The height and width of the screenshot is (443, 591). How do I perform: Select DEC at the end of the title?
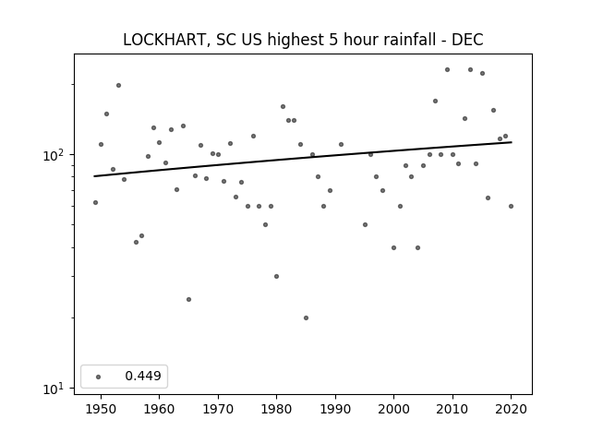(467, 40)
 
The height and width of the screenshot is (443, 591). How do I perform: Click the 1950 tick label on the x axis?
(101, 409)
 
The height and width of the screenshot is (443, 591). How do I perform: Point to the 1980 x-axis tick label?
(277, 409)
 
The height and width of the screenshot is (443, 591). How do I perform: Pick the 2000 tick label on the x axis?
(394, 409)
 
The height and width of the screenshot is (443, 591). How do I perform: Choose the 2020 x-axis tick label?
(511, 409)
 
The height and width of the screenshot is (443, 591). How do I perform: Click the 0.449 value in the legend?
(143, 376)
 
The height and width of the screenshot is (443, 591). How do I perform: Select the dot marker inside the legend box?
(99, 377)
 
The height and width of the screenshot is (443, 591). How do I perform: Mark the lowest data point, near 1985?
(306, 317)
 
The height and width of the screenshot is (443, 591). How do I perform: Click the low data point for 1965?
(188, 299)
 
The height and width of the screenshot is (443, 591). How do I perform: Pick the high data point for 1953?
(118, 86)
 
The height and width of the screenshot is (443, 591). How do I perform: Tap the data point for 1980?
(277, 277)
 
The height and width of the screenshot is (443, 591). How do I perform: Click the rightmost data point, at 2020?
(511, 206)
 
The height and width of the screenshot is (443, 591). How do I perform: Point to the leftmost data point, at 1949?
(95, 203)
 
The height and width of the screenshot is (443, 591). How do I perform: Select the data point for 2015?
(482, 74)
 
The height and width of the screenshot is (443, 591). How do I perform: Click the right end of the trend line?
(512, 142)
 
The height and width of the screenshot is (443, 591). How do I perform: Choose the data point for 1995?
(365, 225)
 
